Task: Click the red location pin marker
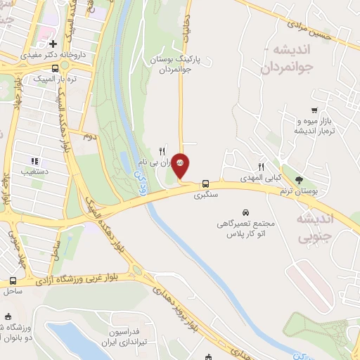181,164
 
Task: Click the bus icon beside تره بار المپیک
56,79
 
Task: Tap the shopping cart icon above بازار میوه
314,110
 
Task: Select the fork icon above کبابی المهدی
261,167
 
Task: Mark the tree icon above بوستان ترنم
300,180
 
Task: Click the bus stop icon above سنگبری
206,180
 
